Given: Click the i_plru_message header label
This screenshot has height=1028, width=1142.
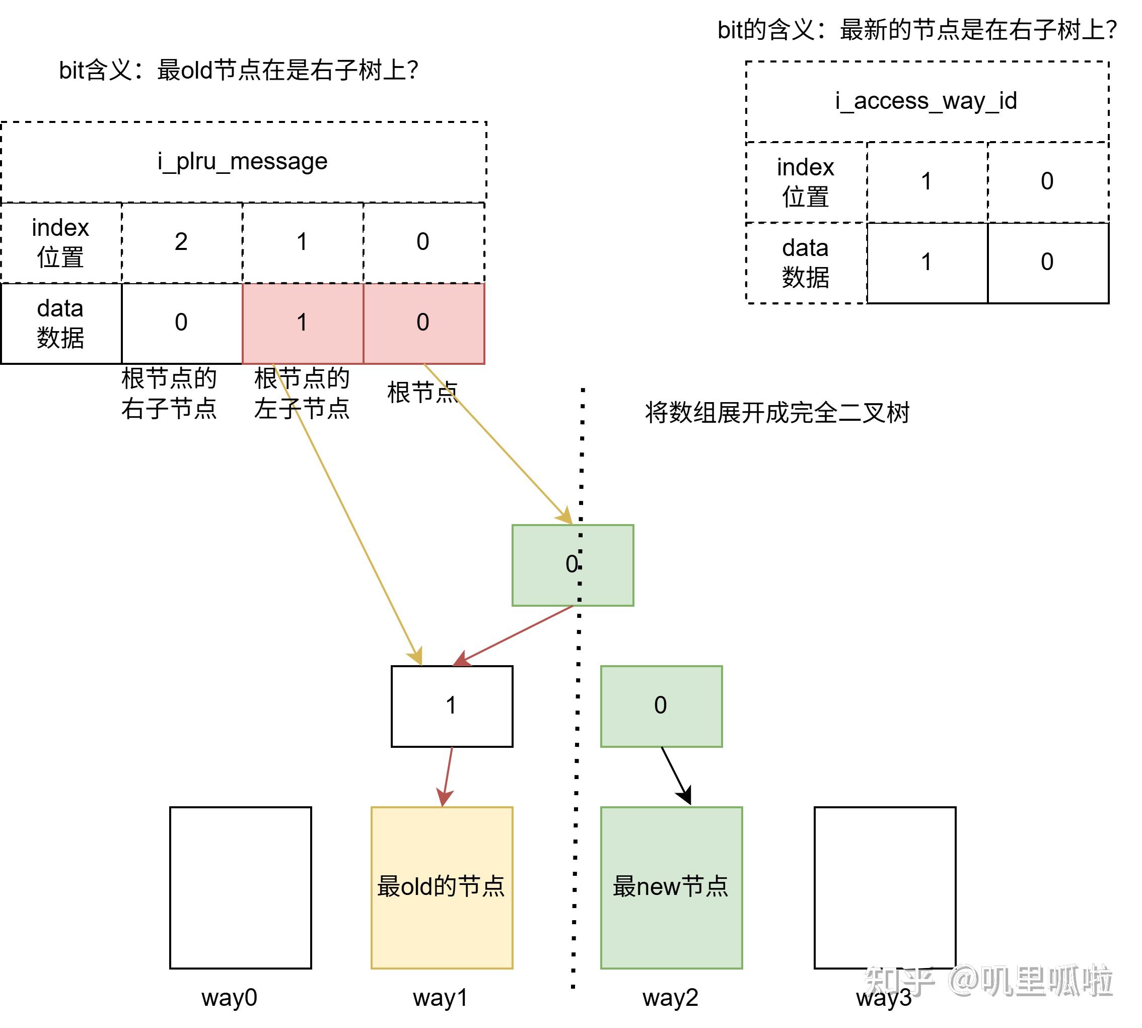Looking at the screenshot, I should coord(242,162).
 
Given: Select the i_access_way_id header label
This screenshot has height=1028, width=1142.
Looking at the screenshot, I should coord(926,101).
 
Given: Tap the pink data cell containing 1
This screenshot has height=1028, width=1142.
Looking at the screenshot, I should coord(302,323).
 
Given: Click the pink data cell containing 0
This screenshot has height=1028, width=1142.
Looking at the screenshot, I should coord(423,323).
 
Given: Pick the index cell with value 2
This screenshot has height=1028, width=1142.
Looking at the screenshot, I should coord(181,242).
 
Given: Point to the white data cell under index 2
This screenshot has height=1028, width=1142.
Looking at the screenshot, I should coord(181,323).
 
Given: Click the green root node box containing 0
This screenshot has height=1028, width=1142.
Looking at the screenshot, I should coord(573,565).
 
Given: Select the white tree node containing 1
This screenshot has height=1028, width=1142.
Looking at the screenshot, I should coord(452,706).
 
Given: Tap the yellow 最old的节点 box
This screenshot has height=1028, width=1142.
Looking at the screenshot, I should coord(442,887).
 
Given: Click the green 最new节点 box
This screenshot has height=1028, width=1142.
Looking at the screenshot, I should coord(671,887).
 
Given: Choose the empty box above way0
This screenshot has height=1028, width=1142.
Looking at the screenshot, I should coord(241,887).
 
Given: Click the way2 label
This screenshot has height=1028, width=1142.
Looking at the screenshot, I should coord(670,997).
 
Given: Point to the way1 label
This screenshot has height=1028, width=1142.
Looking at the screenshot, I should coord(440,997).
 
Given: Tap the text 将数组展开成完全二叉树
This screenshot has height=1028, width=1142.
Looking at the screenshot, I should coord(777,413).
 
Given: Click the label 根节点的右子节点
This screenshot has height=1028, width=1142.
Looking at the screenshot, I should coord(169,393).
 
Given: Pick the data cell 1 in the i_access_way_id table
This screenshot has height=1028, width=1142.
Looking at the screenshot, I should coord(926,263).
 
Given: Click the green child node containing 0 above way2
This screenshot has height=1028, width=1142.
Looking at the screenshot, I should coord(661,706).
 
